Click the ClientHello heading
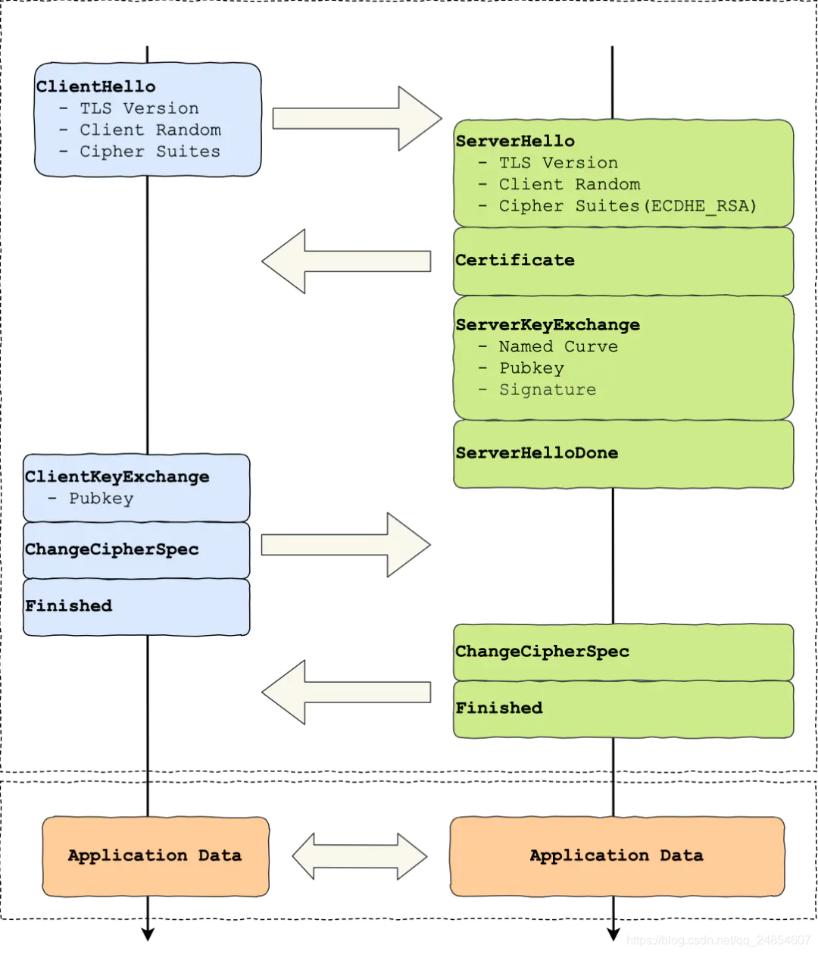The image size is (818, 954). (95, 86)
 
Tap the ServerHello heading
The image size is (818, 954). (515, 141)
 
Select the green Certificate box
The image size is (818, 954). (623, 261)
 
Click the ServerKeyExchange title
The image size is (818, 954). (548, 324)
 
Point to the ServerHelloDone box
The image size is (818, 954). (623, 454)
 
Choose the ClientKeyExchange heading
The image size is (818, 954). (117, 477)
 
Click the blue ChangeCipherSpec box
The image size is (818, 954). (136, 549)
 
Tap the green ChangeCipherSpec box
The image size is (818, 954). (623, 652)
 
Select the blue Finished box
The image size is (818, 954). (136, 607)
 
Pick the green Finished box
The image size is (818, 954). (623, 709)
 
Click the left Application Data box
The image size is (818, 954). (155, 856)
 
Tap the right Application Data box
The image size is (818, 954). (617, 856)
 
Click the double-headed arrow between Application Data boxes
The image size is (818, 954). (360, 856)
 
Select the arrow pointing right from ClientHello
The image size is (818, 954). (357, 118)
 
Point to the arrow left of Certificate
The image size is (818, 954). (346, 261)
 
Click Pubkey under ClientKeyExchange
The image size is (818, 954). (101, 499)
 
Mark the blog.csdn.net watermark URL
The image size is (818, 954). (718, 940)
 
